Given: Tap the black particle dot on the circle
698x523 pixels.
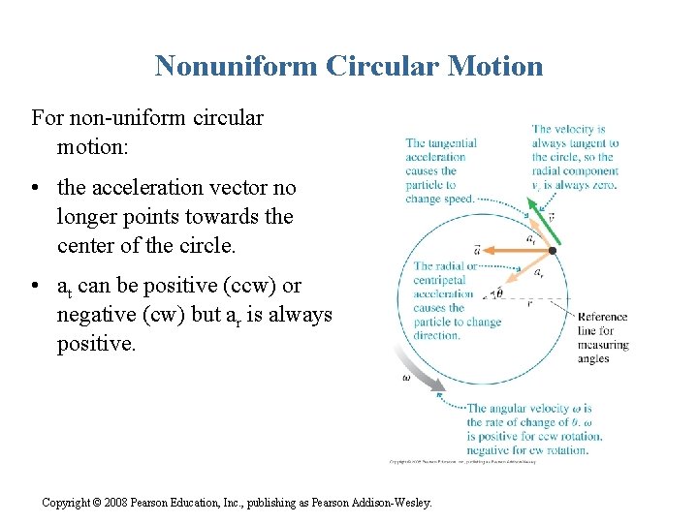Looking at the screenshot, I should point(552,250).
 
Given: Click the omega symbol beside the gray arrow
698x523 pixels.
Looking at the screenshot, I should point(406,379).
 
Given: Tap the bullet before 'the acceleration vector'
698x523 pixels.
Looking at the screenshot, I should point(36,188).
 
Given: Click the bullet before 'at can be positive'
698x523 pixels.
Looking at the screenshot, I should point(36,287).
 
